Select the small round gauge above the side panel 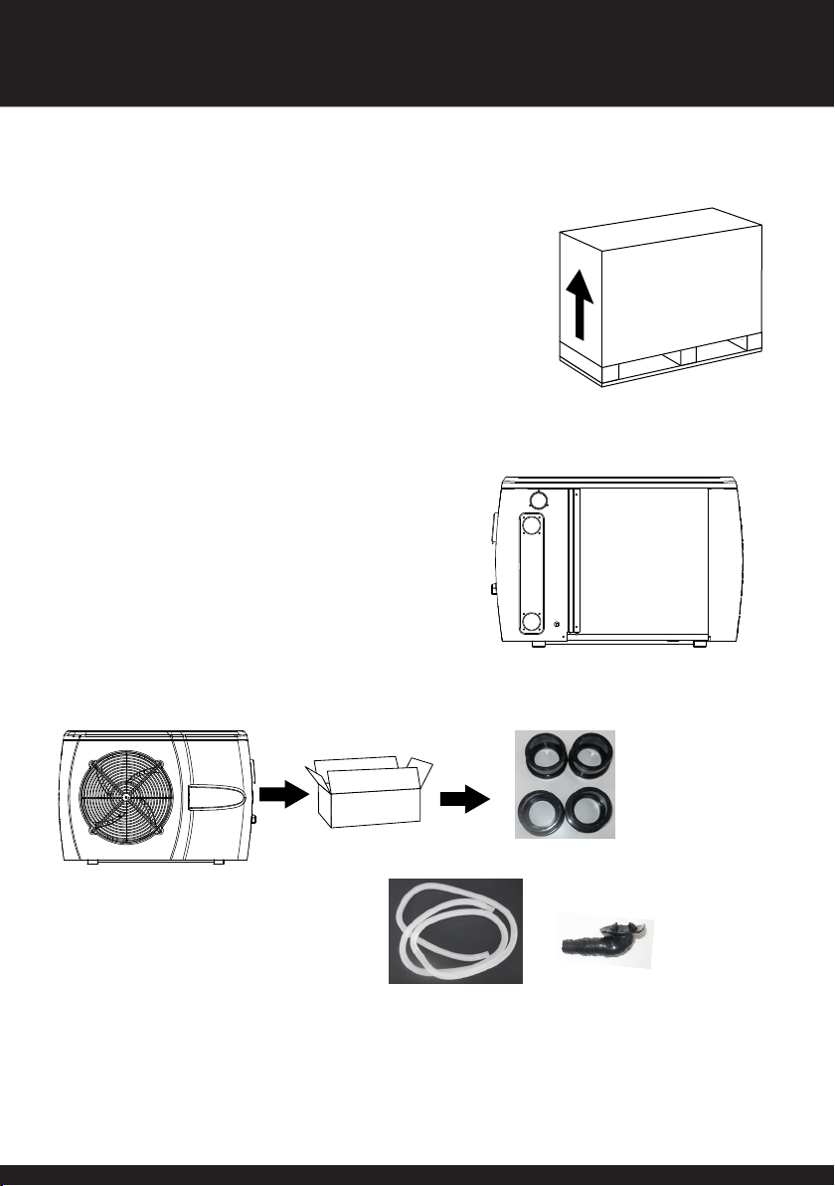[538, 499]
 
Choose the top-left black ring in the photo [543, 761]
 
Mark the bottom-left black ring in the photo [543, 811]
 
